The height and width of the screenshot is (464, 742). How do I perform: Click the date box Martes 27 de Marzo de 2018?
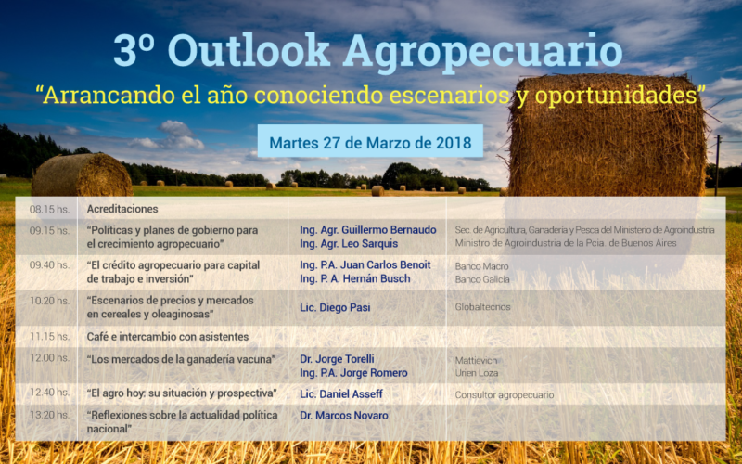click(370, 141)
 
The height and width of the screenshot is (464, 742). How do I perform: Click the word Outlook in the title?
click(249, 51)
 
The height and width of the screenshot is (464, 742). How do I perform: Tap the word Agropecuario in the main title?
click(482, 53)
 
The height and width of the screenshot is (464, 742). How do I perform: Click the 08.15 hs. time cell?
click(49, 209)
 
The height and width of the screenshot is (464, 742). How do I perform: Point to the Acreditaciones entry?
click(122, 209)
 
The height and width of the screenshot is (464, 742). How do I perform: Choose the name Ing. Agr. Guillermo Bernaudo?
click(367, 230)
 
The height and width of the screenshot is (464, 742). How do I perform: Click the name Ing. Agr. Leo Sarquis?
click(349, 244)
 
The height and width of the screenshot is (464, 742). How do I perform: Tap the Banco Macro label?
click(481, 266)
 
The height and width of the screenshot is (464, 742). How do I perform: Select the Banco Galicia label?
click(482, 280)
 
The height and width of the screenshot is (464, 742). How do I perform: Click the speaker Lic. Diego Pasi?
click(335, 307)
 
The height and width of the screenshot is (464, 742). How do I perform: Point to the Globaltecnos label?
click(482, 307)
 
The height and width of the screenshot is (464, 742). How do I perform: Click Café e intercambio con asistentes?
click(168, 337)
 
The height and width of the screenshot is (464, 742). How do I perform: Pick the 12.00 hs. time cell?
click(49, 358)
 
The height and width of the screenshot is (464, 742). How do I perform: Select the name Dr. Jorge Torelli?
click(337, 359)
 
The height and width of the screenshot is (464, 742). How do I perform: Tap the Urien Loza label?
click(477, 373)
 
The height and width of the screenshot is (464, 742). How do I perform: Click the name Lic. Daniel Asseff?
click(341, 393)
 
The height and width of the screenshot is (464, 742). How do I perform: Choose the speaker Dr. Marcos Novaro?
click(344, 415)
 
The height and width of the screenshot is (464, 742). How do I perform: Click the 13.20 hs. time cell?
click(49, 415)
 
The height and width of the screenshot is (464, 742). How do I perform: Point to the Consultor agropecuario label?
click(505, 395)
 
